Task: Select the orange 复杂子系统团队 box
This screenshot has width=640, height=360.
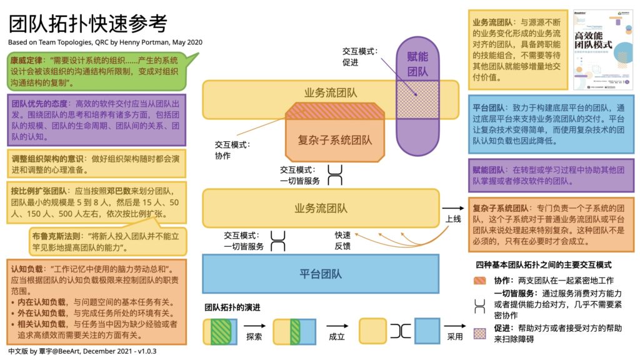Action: coord(334,141)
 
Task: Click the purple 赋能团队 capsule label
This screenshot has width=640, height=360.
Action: coord(417,63)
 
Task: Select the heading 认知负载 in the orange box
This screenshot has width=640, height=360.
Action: coord(26,269)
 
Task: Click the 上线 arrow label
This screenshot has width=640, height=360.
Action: coord(453,219)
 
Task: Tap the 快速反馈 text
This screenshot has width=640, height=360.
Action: coord(342,241)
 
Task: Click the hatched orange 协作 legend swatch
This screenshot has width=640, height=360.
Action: coord(480,281)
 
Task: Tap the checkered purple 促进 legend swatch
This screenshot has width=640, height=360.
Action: coord(480,332)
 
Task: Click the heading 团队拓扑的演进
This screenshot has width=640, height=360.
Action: coord(233,307)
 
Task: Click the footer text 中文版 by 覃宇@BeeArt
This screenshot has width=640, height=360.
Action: coord(81,352)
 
